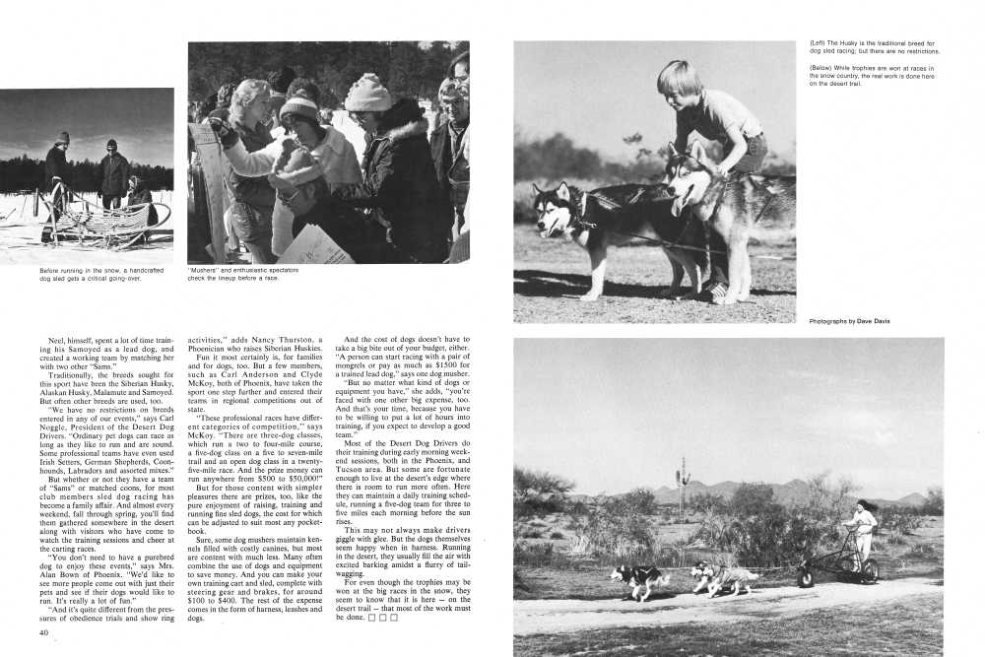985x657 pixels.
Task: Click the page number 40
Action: [44, 632]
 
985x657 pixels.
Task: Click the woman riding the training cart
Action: [864, 532]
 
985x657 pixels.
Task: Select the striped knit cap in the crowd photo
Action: [297, 106]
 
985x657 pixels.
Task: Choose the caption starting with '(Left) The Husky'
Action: [872, 47]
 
